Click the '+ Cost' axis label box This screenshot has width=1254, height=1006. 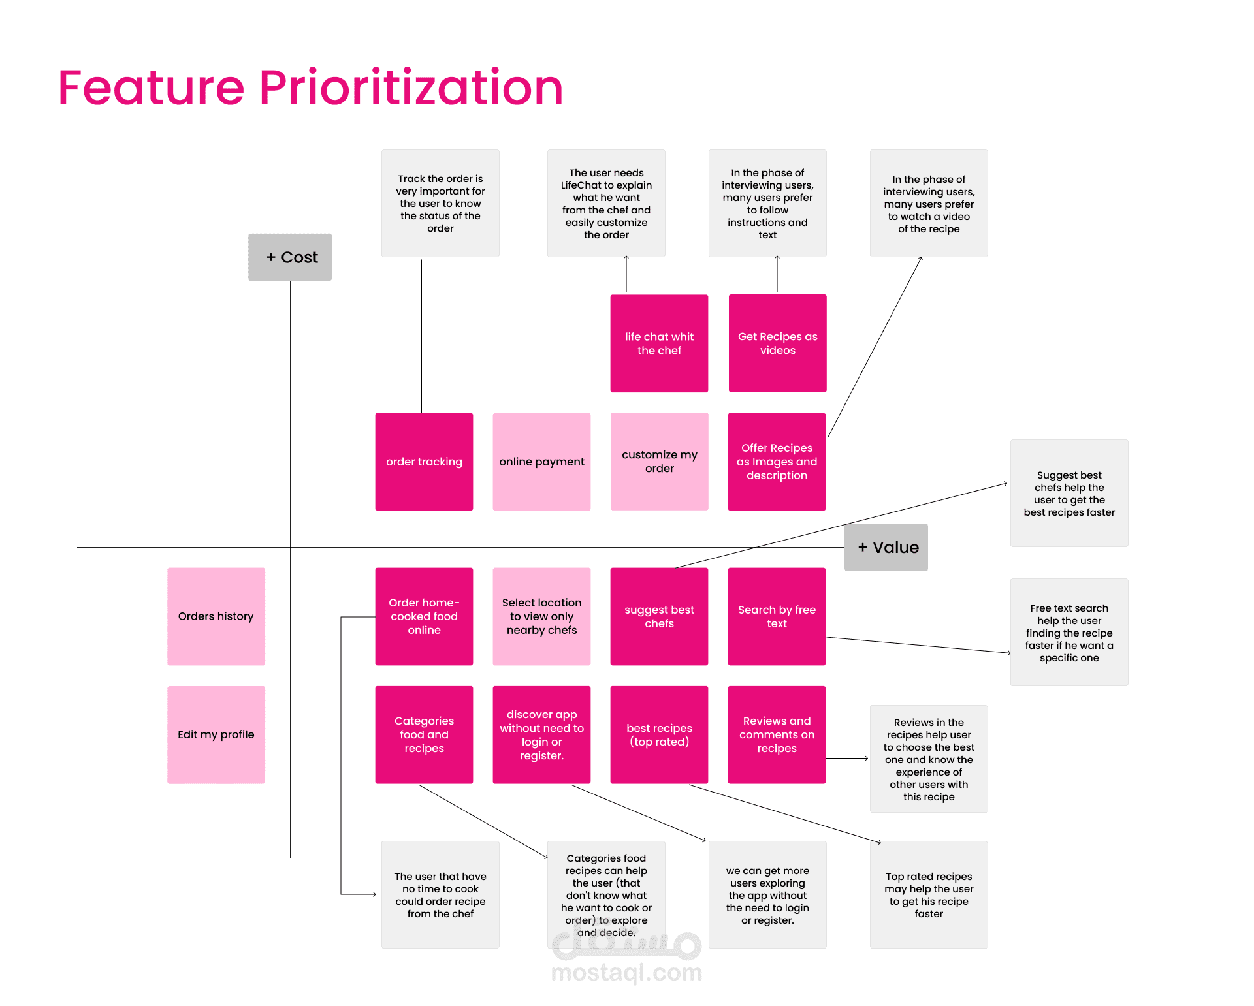(x=290, y=257)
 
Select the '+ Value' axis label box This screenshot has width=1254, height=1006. (x=886, y=547)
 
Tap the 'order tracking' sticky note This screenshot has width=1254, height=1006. (x=424, y=462)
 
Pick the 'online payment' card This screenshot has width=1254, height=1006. (x=541, y=462)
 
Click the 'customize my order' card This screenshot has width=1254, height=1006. (x=659, y=462)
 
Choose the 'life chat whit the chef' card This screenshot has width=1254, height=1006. (x=659, y=343)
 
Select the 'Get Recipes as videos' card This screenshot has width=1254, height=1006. (x=777, y=343)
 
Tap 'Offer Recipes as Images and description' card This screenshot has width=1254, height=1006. (x=777, y=462)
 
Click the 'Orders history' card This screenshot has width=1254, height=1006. (x=216, y=616)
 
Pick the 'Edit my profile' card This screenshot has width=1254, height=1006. (x=216, y=734)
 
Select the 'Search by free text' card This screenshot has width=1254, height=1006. (x=777, y=616)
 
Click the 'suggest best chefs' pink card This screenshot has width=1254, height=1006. (x=659, y=616)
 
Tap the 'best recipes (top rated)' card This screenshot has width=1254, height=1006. (x=659, y=734)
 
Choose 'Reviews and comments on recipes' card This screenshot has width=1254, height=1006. (x=777, y=734)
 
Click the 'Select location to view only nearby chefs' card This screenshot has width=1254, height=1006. (x=541, y=616)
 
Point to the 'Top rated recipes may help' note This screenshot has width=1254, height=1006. (x=929, y=894)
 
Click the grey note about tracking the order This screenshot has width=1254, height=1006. (x=440, y=204)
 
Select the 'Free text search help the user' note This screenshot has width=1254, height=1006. (x=1069, y=632)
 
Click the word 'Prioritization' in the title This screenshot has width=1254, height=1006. (x=411, y=88)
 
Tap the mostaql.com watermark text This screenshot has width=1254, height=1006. (x=627, y=972)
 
